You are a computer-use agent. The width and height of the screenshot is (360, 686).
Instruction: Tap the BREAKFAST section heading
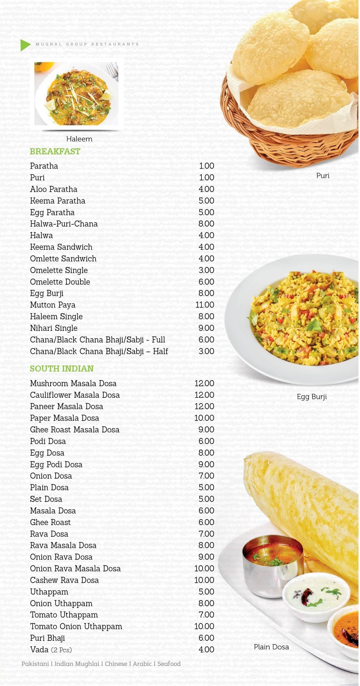[55, 151]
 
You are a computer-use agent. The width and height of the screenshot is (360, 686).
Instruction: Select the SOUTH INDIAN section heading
[61, 369]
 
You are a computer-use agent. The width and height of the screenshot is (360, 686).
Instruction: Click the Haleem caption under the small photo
[79, 139]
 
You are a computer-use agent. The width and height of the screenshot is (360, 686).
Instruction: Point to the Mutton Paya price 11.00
[205, 305]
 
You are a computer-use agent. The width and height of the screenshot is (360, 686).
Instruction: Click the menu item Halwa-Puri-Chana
[64, 224]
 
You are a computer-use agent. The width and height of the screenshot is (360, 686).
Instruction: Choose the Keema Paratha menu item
[58, 201]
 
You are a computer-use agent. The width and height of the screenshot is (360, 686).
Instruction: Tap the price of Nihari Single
[206, 328]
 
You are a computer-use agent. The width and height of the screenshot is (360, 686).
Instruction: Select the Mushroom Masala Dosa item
[73, 383]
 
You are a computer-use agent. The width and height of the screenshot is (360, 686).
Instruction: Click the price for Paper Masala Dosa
[204, 418]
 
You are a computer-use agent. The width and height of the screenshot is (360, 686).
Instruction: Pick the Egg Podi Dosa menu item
[56, 464]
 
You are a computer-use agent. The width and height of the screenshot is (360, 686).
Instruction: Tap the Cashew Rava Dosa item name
[64, 580]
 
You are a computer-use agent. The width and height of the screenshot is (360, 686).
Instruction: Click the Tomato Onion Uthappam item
[76, 626]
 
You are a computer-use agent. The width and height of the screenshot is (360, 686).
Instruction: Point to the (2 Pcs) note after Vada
[61, 650]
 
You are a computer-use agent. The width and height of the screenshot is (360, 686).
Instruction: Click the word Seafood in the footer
[169, 664]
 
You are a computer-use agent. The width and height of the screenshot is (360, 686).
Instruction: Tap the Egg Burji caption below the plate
[311, 397]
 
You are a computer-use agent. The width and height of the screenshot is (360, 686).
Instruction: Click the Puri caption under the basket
[322, 176]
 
